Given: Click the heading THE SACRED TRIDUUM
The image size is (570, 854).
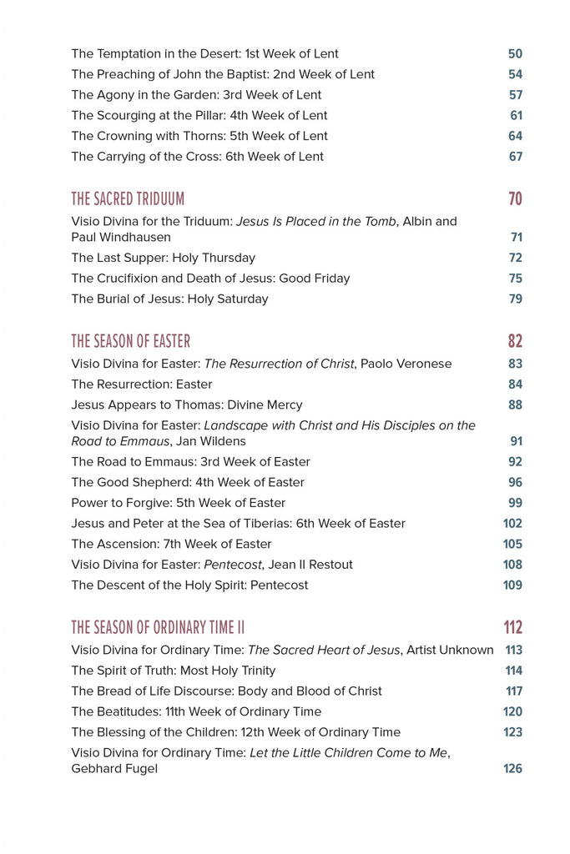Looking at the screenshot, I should tap(128, 199).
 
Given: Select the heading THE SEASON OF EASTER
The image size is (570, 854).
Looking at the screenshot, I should tap(130, 341).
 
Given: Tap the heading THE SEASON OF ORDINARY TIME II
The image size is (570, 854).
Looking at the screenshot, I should tap(158, 628).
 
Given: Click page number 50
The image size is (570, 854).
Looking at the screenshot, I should tap(515, 54).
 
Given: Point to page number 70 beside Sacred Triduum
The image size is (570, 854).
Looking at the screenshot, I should tap(515, 199).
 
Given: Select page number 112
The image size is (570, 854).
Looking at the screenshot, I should tap(512, 628).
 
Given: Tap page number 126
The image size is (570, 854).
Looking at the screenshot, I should tap(512, 769).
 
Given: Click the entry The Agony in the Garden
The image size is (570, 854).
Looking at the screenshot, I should tap(196, 95).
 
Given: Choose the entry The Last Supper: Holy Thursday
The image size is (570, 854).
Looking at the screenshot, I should tap(163, 258).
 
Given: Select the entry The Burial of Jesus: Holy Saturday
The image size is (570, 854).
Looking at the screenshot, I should tap(169, 299).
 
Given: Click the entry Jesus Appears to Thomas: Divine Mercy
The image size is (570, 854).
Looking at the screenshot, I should tap(187, 404).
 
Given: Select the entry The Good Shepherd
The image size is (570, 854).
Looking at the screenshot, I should tap(188, 482).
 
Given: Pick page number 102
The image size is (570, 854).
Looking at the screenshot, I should tap(512, 524).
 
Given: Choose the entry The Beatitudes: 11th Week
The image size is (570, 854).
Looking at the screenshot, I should tap(196, 711).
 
